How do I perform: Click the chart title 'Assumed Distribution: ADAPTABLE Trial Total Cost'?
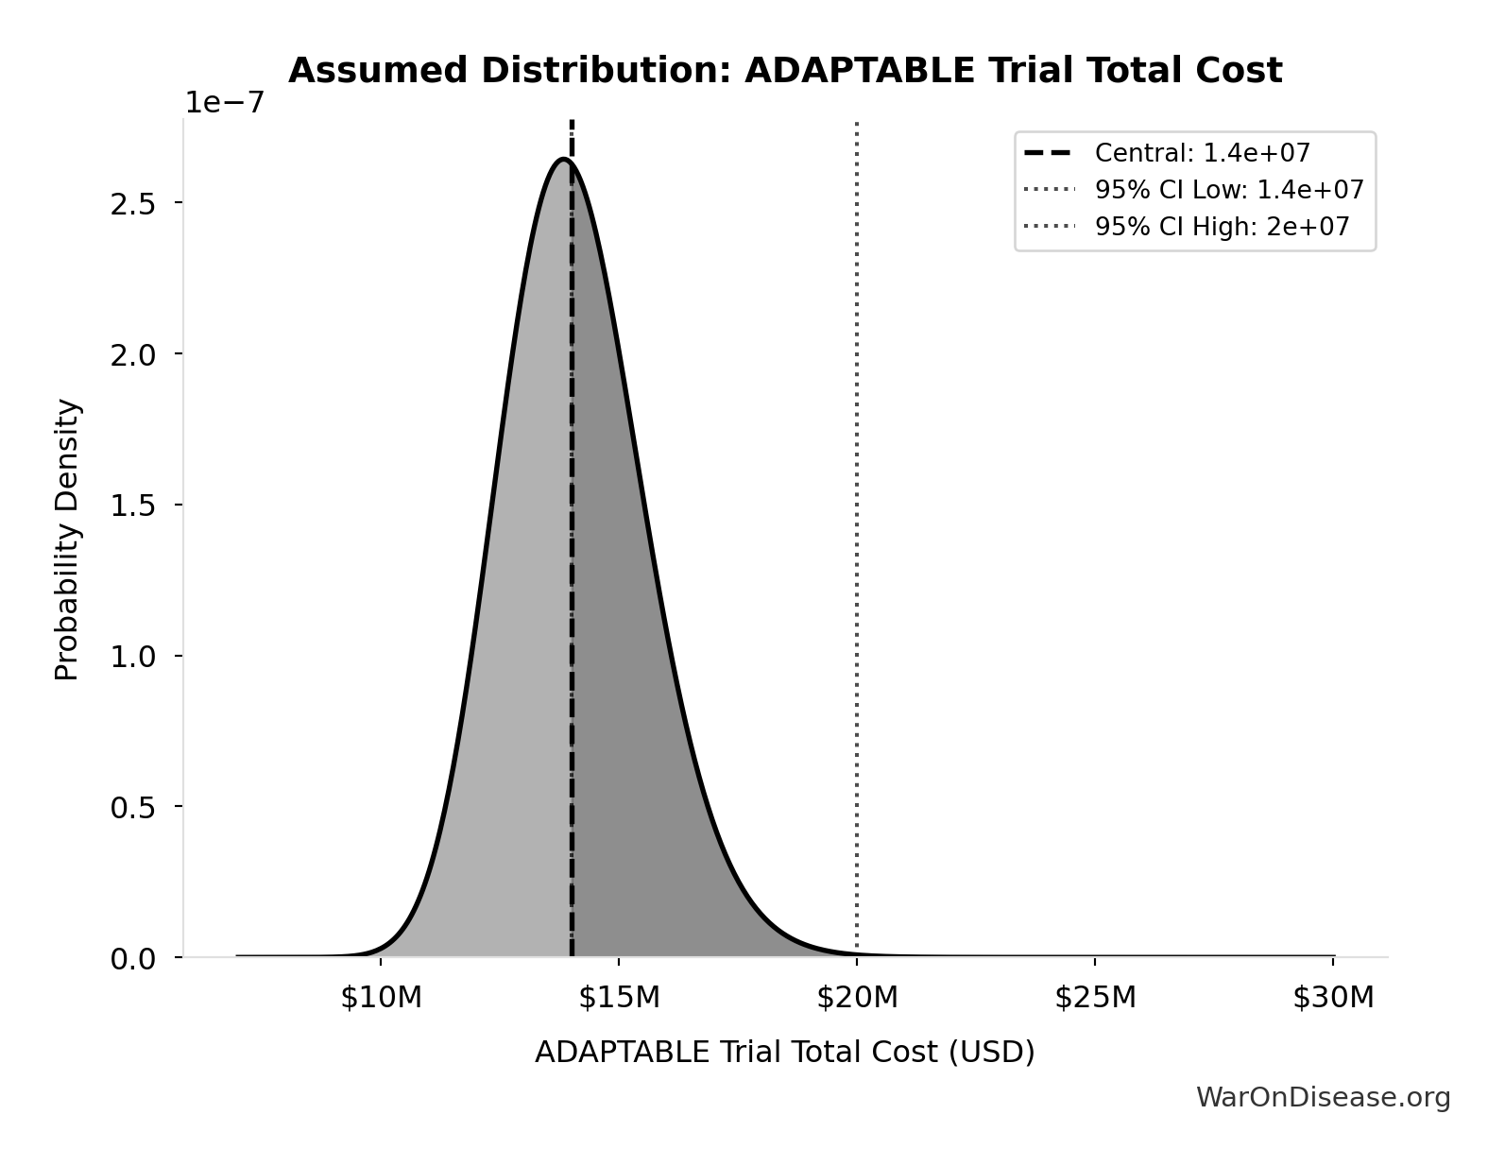coord(784,71)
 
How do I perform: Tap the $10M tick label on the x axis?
coord(381,997)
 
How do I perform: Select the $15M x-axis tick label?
coord(619,997)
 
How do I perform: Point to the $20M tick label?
coord(857,997)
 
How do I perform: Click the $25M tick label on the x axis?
coord(1095,997)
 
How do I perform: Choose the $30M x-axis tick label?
coord(1333,997)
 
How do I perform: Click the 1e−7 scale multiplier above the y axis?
coord(224,102)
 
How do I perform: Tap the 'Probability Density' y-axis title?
coord(67,540)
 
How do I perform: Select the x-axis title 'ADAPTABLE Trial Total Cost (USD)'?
coord(784,1052)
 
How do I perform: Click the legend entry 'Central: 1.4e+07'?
coord(1202,153)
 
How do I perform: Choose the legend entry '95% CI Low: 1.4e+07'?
coord(1229,190)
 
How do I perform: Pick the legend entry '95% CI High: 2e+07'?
coord(1222,227)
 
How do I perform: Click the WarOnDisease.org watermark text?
coord(1323,1097)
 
